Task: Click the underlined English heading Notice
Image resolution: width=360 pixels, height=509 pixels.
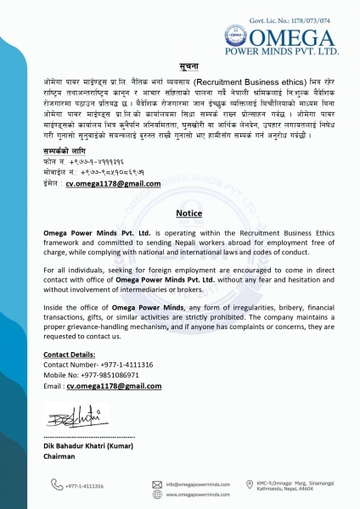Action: tap(179, 214)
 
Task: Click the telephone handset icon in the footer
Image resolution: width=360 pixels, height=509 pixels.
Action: tap(56, 484)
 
